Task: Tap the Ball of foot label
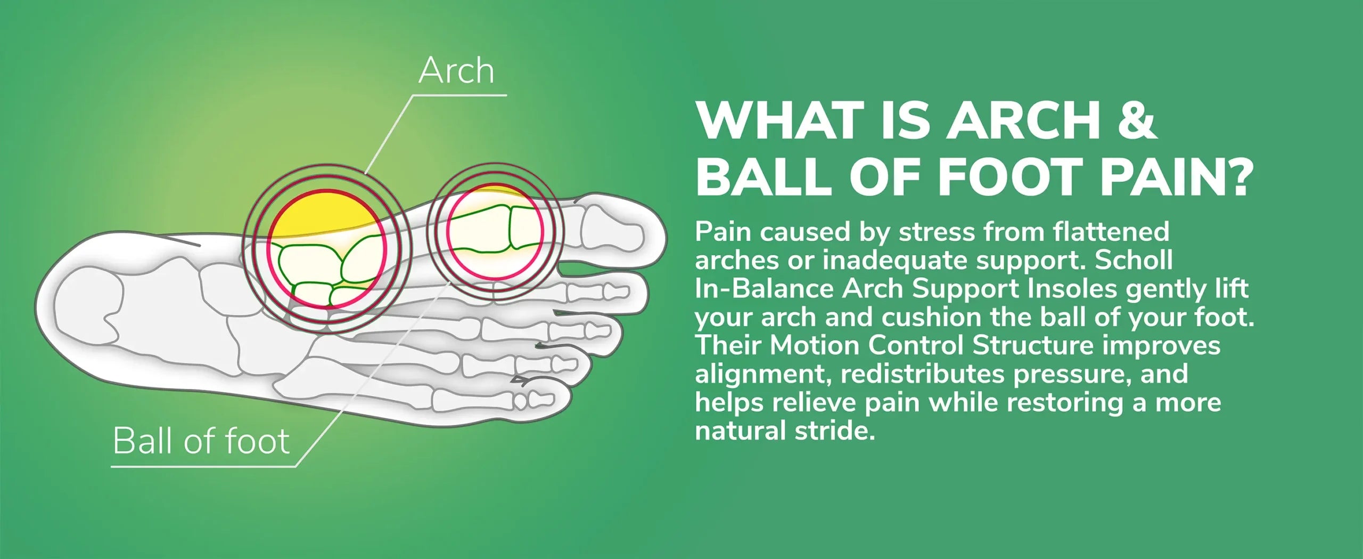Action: coord(201,441)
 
